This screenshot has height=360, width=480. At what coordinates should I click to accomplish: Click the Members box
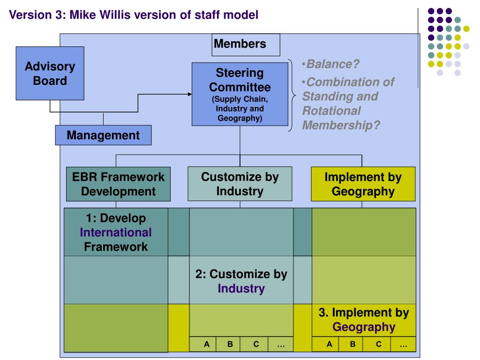pyautogui.click(x=246, y=45)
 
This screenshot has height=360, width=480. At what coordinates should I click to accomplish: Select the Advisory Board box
pyautogui.click(x=50, y=73)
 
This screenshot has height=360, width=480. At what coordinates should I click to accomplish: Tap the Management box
pyautogui.click(x=103, y=135)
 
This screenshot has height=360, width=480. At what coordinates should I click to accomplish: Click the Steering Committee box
pyautogui.click(x=240, y=94)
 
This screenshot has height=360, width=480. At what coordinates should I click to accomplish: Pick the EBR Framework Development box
pyautogui.click(x=118, y=184)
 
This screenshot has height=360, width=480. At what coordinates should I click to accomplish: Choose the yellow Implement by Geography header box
pyautogui.click(x=363, y=184)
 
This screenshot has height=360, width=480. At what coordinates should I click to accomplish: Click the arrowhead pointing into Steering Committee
pyautogui.click(x=190, y=94)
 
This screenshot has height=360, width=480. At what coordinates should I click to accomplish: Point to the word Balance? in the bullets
pyautogui.click(x=333, y=64)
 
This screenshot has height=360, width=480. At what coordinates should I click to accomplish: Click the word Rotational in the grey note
pyautogui.click(x=331, y=111)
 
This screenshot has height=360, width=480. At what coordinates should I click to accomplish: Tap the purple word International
pyautogui.click(x=116, y=232)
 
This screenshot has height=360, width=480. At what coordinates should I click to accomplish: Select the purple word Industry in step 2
pyautogui.click(x=241, y=288)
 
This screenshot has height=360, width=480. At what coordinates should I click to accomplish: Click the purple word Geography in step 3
pyautogui.click(x=364, y=327)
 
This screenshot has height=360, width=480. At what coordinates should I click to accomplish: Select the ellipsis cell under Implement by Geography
pyautogui.click(x=403, y=344)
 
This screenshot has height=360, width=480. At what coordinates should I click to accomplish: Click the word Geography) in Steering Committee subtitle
pyautogui.click(x=240, y=118)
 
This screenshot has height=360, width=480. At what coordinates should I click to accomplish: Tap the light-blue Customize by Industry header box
pyautogui.click(x=240, y=184)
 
